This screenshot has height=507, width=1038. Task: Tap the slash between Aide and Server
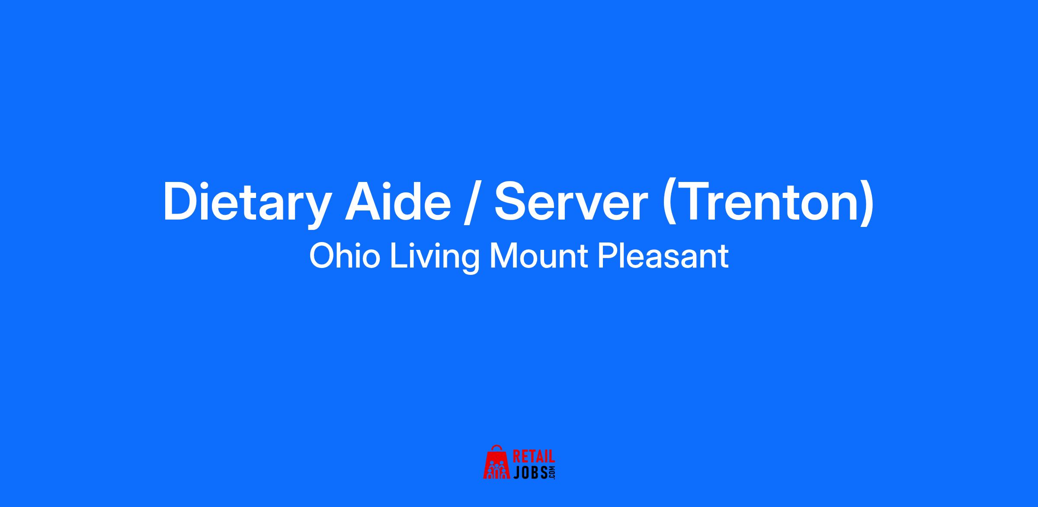(x=472, y=202)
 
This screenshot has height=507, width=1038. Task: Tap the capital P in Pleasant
(x=608, y=256)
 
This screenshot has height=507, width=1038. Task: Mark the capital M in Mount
(x=503, y=256)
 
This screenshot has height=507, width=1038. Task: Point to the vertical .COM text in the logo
(x=551, y=472)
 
